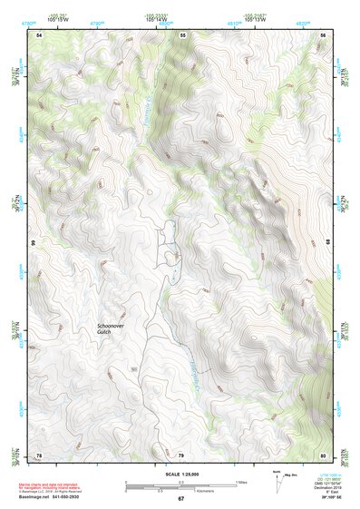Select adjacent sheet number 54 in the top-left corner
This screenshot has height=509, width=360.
[x=39, y=34]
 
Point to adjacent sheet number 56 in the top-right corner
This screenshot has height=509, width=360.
[x=322, y=34]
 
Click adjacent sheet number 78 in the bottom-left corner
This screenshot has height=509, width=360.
[x=39, y=455]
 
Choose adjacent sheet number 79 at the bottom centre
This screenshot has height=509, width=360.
[x=180, y=455]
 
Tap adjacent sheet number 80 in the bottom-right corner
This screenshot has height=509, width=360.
[x=322, y=455]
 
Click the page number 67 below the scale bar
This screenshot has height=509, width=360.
[x=180, y=499]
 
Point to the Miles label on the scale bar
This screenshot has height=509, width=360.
[x=241, y=481]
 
